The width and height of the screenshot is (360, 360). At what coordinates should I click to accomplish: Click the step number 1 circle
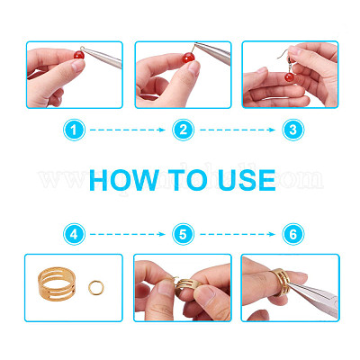tap(74, 130)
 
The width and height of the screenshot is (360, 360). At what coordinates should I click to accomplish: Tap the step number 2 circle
tap(183, 130)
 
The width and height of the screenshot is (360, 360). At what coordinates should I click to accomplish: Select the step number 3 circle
tap(293, 130)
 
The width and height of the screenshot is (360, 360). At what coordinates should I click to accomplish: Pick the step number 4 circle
tap(74, 234)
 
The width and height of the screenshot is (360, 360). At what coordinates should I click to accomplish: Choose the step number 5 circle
tap(183, 234)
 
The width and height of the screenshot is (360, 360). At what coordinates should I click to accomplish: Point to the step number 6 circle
tap(293, 234)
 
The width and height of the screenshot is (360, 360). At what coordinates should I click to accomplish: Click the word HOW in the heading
tap(124, 180)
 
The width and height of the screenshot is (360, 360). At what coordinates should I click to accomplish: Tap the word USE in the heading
tap(247, 180)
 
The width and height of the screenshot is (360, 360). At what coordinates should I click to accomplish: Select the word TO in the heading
tap(188, 180)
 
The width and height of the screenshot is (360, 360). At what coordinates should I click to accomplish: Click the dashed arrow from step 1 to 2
tap(128, 130)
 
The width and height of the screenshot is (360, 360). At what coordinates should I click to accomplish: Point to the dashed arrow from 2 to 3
tap(238, 130)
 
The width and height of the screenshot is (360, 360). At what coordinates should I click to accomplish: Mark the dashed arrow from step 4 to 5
tap(128, 234)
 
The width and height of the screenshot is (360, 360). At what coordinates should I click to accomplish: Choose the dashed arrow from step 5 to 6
tap(238, 234)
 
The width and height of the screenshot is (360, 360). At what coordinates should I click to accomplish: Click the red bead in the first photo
tap(79, 55)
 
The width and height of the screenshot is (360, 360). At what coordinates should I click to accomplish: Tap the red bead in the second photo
tap(189, 58)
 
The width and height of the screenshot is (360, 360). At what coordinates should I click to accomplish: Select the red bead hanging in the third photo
tap(290, 77)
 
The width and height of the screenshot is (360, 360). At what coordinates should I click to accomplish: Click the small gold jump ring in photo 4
tap(96, 288)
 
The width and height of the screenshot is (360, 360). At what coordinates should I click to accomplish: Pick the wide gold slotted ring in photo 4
tap(57, 283)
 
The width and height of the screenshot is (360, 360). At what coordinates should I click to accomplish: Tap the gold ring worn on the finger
tap(281, 282)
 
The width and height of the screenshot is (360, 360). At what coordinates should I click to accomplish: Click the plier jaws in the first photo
tap(102, 56)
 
